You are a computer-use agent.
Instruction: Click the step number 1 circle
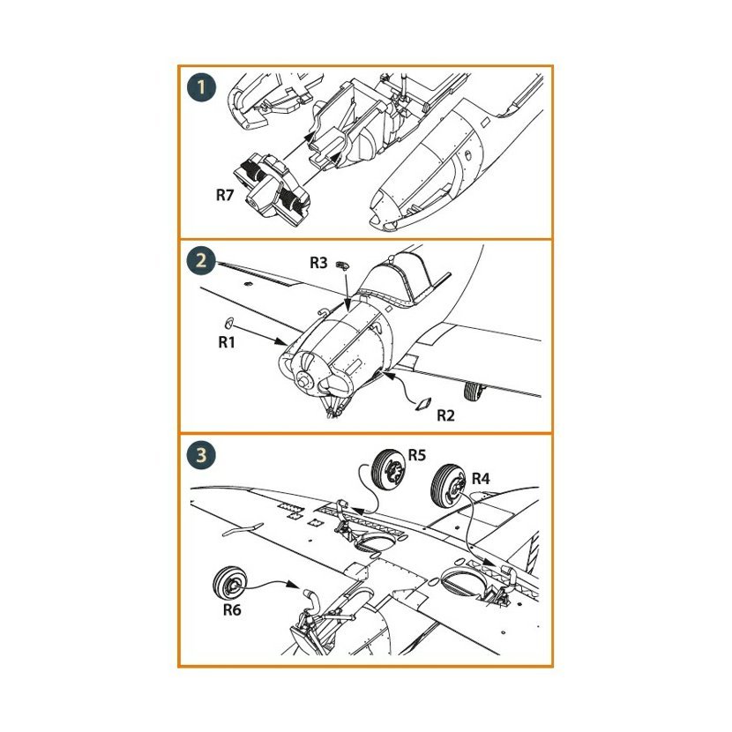[x=202, y=87]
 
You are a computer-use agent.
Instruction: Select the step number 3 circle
[x=201, y=454]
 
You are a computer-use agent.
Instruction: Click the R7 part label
[x=225, y=195]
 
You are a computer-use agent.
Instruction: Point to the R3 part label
[x=319, y=263]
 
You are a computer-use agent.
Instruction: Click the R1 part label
[x=227, y=342]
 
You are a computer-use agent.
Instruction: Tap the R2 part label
[x=445, y=415]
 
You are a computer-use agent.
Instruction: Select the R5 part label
[x=417, y=455]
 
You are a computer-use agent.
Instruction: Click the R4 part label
[x=481, y=479]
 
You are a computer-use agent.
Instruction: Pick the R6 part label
[x=232, y=609]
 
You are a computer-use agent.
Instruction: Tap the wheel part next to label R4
[x=449, y=487]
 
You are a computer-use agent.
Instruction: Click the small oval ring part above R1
[x=228, y=322]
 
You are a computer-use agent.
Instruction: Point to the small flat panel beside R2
[x=424, y=404]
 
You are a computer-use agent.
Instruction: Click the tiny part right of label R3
[x=343, y=266]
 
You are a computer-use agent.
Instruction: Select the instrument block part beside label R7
[x=273, y=190]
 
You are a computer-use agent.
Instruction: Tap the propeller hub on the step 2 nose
[x=303, y=380]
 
